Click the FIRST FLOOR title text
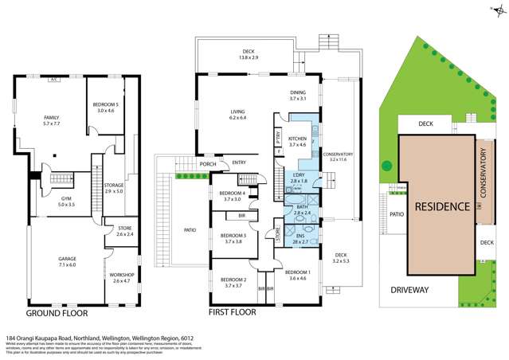[232, 313]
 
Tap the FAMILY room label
[51, 118]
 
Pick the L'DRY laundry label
[298, 175]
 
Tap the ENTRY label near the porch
[237, 164]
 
